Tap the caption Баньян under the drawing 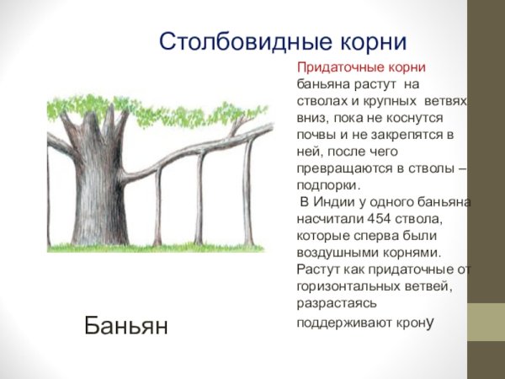pyautogui.click(x=126, y=324)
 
